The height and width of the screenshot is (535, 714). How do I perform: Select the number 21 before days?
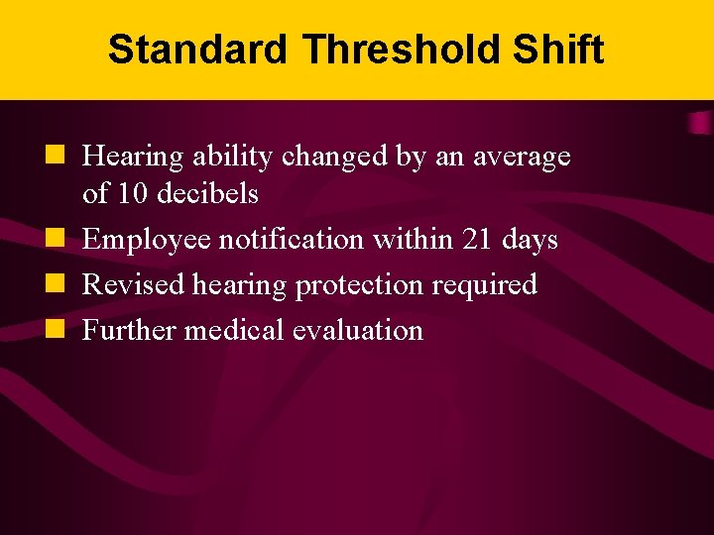coord(481,240)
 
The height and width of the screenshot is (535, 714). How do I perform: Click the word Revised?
coord(132,285)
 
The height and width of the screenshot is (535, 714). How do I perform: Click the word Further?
coord(129,330)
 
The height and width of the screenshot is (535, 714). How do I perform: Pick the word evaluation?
coord(357,330)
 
